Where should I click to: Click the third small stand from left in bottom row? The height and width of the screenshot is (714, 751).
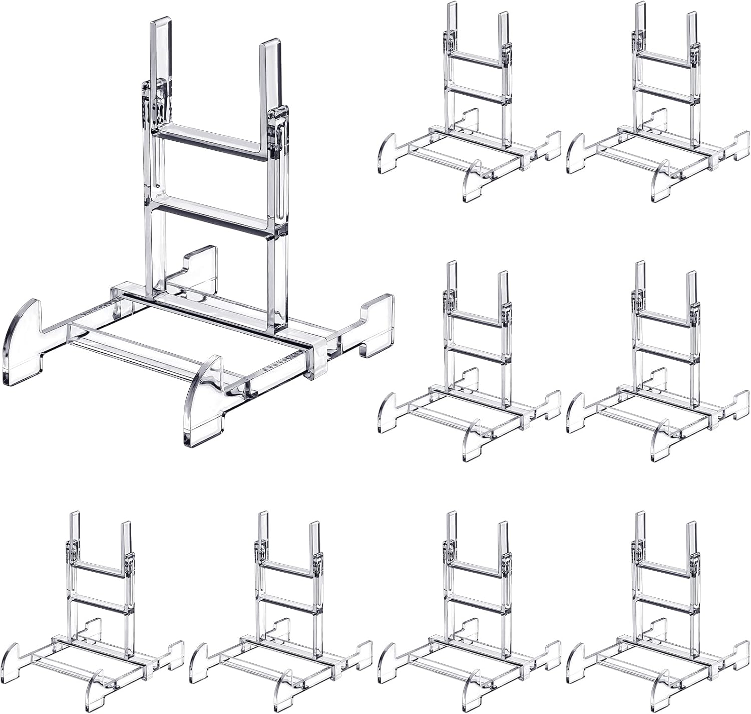pyautogui.click(x=473, y=611)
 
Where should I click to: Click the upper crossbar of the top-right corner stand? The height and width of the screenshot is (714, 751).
pyautogui.click(x=666, y=59)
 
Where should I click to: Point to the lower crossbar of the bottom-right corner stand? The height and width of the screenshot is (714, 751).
pyautogui.click(x=666, y=601)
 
